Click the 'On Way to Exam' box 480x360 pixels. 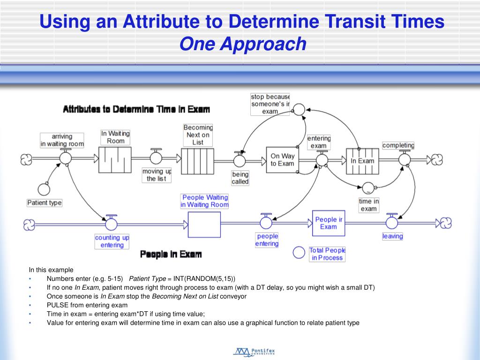click(282, 160)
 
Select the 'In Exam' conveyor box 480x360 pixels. click(362, 161)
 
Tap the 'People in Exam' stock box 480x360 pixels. click(328, 223)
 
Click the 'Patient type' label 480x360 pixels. click(45, 203)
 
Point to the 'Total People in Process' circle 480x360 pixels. click(299, 253)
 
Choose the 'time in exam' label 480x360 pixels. click(368, 205)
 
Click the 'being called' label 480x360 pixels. click(240, 178)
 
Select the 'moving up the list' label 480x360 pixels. click(157, 175)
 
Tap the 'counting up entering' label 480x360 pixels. click(112, 241)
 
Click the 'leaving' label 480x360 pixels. click(392, 236)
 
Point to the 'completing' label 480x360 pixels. click(398, 145)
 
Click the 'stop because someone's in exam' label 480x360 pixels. click(270, 104)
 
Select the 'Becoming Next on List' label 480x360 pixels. click(198, 135)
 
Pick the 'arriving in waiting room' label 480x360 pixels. click(62, 141)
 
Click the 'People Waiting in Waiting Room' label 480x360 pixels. click(205, 201)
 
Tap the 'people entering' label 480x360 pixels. click(267, 240)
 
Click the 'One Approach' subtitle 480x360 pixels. click(243, 45)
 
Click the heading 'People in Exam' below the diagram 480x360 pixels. click(171, 254)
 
